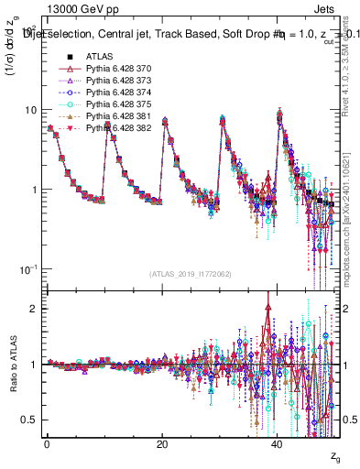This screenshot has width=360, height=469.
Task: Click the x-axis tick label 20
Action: [x=161, y=444]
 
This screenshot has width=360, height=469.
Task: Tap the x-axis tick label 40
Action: [x=278, y=444]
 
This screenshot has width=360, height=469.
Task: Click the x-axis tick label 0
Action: [x=46, y=444]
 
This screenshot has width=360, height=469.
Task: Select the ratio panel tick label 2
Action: [x=33, y=309]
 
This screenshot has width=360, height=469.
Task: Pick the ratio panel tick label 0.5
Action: [x=28, y=420]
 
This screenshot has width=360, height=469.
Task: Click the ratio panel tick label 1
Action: [x=33, y=365]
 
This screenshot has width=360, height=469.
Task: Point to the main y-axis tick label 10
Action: [x=29, y=109]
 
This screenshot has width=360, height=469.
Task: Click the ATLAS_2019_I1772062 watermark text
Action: [x=191, y=273]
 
